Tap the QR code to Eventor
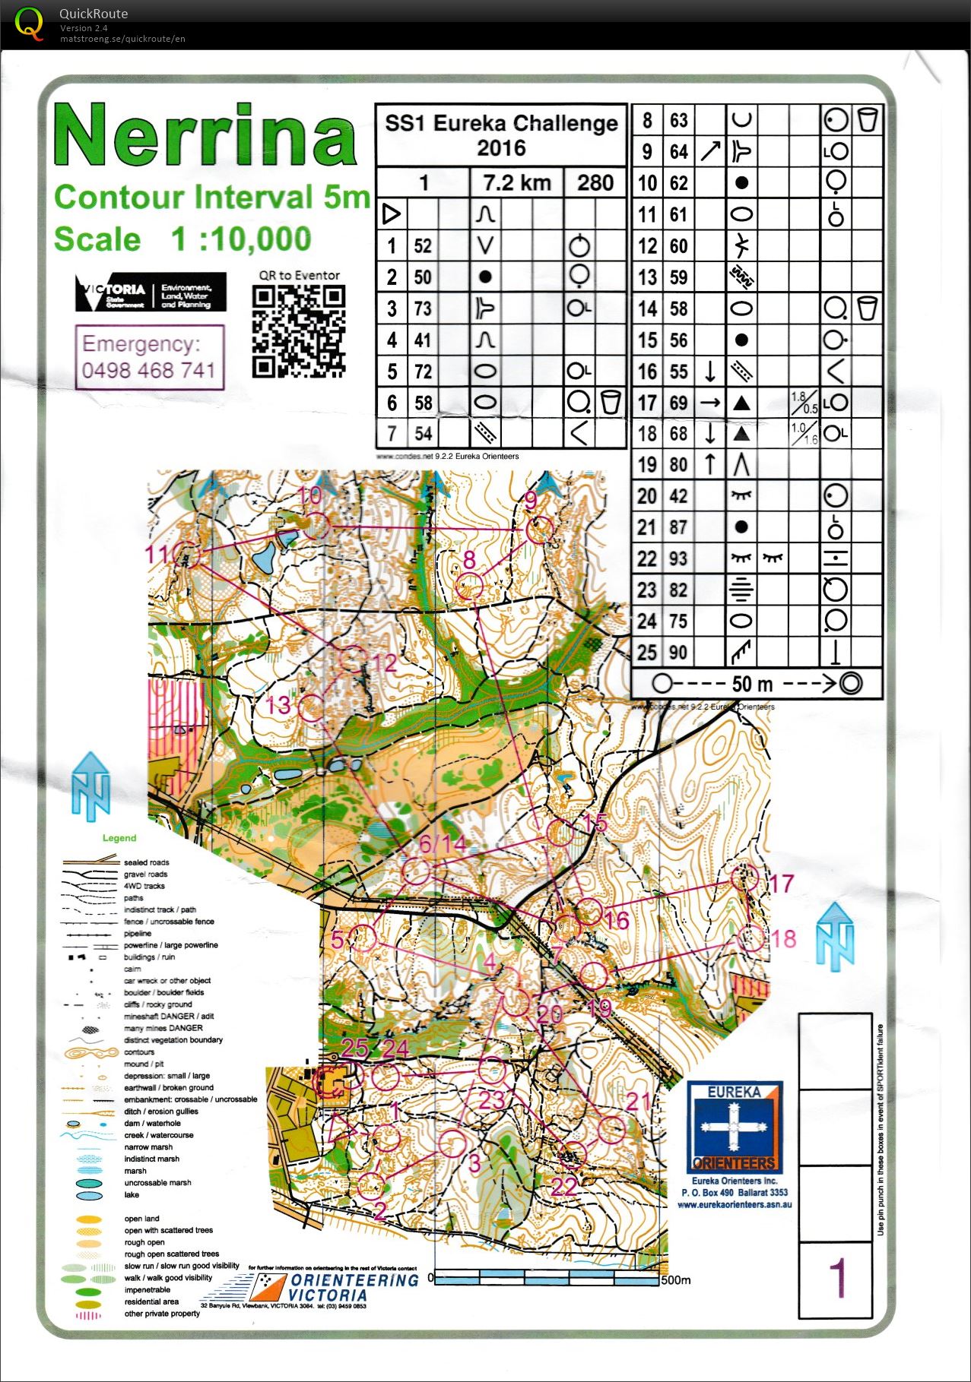point(299,331)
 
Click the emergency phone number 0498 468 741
point(149,371)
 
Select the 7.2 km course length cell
point(516,183)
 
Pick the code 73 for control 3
point(423,308)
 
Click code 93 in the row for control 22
point(678,558)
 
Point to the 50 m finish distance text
point(752,683)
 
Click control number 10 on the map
point(310,496)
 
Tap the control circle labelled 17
point(744,877)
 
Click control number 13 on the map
point(278,704)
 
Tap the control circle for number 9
point(539,530)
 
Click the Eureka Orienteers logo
point(735,1128)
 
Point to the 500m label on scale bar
point(675,1280)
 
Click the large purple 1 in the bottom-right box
point(836,1278)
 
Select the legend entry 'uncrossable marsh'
point(157,1183)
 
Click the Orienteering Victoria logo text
point(354,1287)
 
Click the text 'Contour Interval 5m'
point(211,198)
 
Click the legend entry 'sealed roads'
point(146,862)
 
